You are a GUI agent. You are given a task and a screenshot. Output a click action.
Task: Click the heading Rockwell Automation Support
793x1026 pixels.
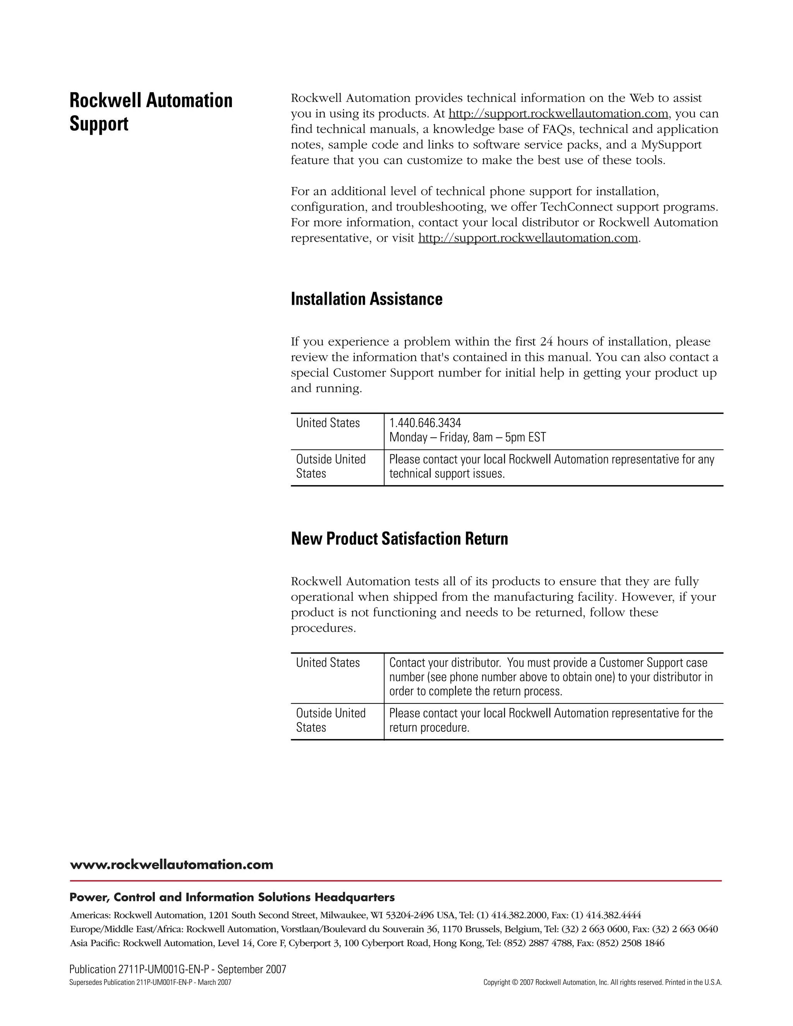(x=150, y=112)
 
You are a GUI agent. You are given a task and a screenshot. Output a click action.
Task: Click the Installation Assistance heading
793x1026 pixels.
(x=366, y=299)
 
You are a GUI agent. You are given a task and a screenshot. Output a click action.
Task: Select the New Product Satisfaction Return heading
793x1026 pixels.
(x=399, y=539)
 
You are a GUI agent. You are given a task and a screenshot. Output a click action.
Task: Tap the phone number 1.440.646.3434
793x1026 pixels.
(x=425, y=423)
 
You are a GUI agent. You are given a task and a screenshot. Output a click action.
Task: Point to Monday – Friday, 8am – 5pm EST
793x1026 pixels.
(x=467, y=438)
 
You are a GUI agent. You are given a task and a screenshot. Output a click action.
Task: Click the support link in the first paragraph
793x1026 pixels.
(x=558, y=114)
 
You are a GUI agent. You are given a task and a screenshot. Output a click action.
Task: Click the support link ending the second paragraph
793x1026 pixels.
(x=528, y=238)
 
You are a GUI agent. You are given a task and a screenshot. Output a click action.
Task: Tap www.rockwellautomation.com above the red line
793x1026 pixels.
(x=171, y=865)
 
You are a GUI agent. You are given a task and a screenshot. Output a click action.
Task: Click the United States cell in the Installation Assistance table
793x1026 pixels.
(x=328, y=423)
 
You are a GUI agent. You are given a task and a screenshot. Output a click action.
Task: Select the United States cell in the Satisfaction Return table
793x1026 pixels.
(x=328, y=663)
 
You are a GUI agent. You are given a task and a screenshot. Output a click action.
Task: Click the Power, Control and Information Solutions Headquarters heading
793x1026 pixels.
(x=232, y=898)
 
